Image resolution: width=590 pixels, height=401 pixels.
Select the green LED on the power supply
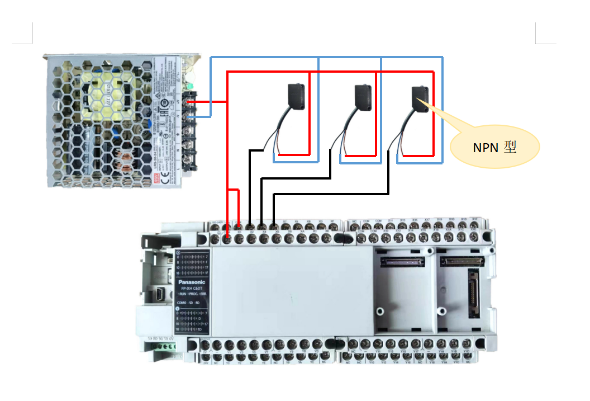click(190, 86)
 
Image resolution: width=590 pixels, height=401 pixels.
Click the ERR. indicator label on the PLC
click(204, 294)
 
